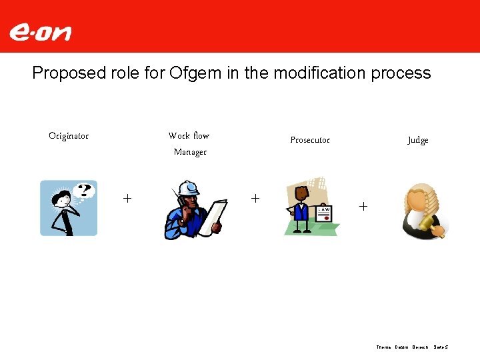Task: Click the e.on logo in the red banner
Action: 40,33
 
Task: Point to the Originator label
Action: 69,136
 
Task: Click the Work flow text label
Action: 189,135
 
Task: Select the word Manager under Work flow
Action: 190,152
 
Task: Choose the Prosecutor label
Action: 310,140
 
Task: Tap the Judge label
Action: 418,140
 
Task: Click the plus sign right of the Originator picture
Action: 127,198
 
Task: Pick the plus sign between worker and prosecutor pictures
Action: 255,198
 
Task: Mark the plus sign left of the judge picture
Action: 363,206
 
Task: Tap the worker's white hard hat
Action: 189,187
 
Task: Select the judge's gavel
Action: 438,229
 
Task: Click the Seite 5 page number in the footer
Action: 441,347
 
